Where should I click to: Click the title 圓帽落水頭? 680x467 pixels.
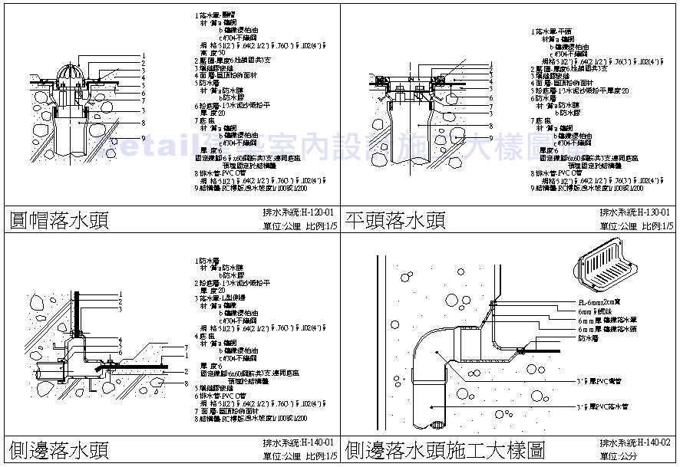58,222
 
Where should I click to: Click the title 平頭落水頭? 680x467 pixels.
395,222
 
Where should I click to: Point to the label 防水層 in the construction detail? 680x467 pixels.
587,337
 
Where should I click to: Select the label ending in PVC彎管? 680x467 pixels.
602,379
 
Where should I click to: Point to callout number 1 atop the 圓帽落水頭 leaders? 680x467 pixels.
144,54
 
